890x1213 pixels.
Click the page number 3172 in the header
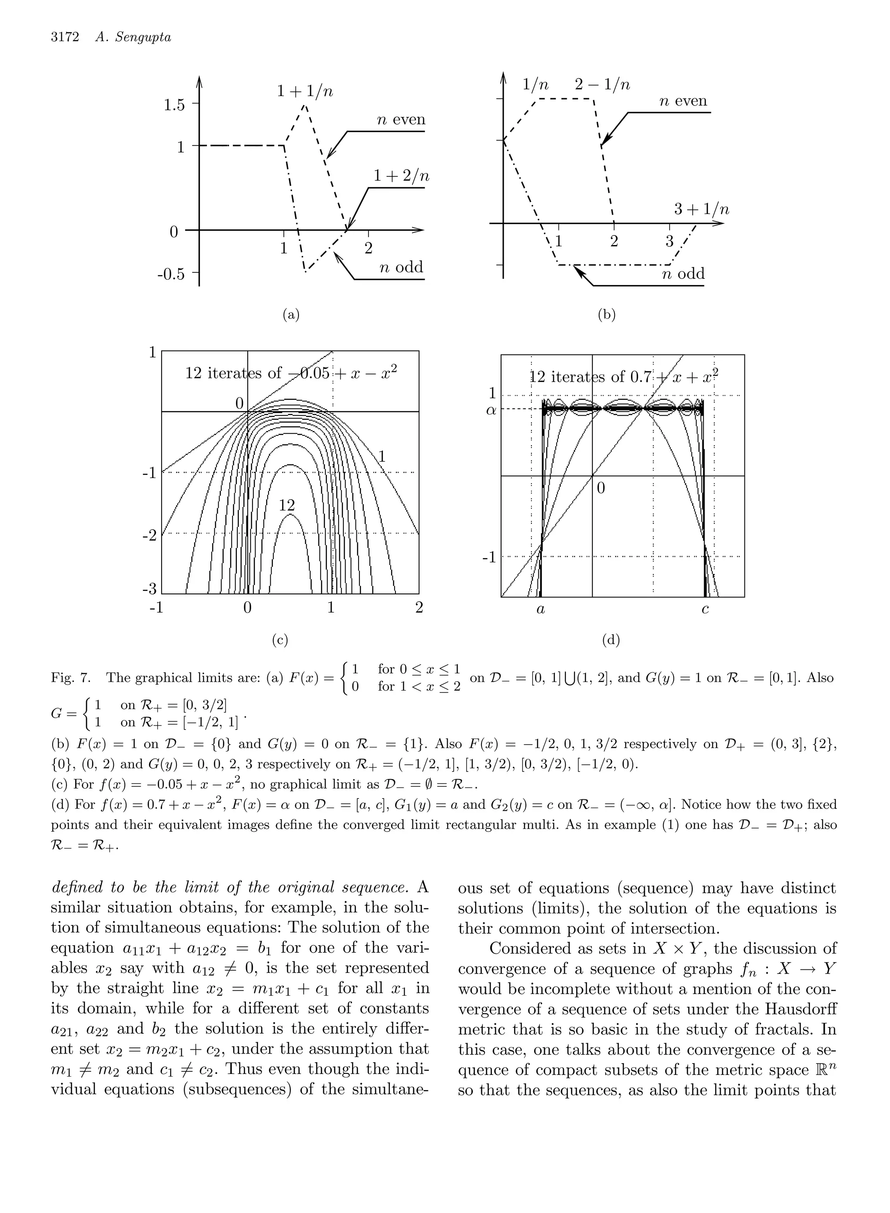click(x=65, y=36)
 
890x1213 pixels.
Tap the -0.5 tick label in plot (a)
click(x=171, y=275)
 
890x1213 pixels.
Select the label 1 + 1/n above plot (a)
click(x=305, y=92)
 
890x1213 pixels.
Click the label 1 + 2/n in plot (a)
click(x=402, y=176)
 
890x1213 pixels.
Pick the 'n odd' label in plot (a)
click(x=402, y=267)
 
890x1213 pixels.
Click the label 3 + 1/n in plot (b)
click(x=701, y=209)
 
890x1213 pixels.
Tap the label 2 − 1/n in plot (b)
click(x=602, y=85)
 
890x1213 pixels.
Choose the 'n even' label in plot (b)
click(x=683, y=101)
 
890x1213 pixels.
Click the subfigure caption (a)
click(x=291, y=315)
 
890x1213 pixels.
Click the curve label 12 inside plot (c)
click(x=287, y=505)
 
